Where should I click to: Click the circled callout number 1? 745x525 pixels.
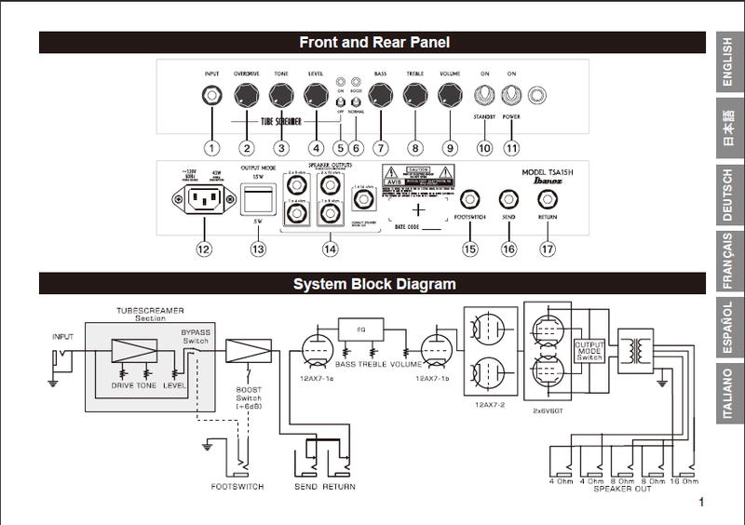[x=212, y=147]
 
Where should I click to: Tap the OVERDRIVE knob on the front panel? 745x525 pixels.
[x=247, y=94]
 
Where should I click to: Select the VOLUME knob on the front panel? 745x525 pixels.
[x=450, y=94]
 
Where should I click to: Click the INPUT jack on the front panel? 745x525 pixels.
[x=212, y=94]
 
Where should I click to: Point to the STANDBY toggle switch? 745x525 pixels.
[x=483, y=94]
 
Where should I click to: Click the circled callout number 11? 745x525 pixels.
[x=511, y=147]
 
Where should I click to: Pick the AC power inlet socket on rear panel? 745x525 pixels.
[x=203, y=197]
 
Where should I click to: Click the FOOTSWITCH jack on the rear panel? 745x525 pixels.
[x=469, y=199]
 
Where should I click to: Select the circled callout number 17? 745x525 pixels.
[x=547, y=249]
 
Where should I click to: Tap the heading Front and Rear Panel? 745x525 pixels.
[x=374, y=42]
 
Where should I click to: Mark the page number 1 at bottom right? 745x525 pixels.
[x=699, y=503]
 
